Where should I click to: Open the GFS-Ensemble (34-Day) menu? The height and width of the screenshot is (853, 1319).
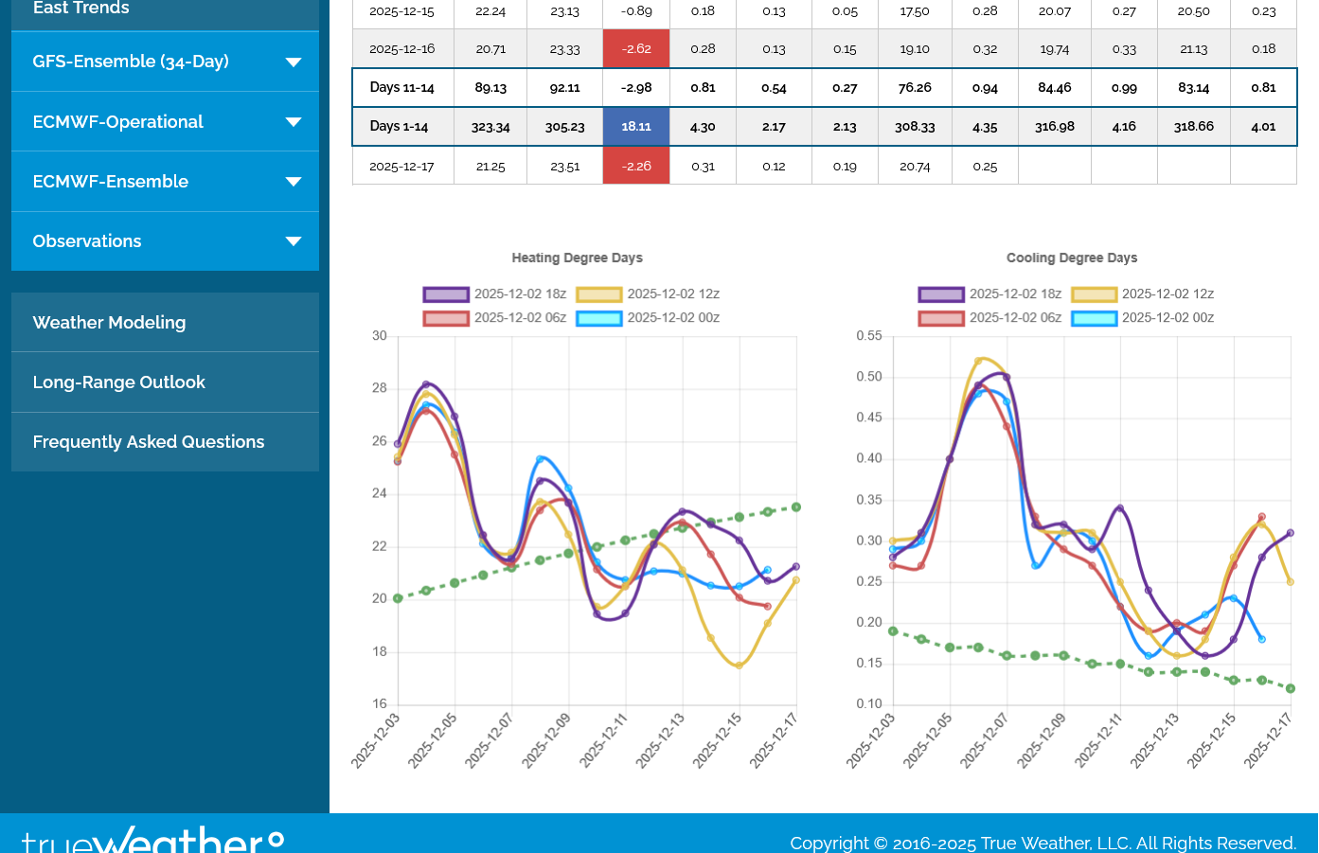[165, 62]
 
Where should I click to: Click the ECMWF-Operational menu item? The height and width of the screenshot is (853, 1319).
[165, 122]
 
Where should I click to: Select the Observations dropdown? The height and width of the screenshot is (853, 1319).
[165, 241]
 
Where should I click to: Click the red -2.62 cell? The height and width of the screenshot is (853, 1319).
[636, 49]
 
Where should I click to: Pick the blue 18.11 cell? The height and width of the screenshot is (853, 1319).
[636, 127]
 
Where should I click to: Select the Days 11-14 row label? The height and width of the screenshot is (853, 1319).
[402, 88]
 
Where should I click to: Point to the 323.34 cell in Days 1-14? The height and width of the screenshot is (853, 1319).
[490, 127]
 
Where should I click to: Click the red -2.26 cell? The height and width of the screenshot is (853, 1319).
[636, 167]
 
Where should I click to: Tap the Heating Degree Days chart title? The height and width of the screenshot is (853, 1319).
[577, 258]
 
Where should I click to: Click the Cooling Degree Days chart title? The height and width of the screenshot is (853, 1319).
[1072, 258]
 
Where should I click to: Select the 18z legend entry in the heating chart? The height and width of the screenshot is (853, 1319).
[494, 294]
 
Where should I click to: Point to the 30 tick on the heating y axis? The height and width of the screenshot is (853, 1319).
[380, 336]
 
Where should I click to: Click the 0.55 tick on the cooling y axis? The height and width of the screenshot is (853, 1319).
[869, 336]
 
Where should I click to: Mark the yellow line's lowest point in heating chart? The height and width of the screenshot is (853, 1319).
[739, 666]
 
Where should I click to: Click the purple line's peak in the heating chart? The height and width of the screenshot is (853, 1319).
[426, 384]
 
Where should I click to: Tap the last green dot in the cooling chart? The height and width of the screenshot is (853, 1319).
[1291, 688]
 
